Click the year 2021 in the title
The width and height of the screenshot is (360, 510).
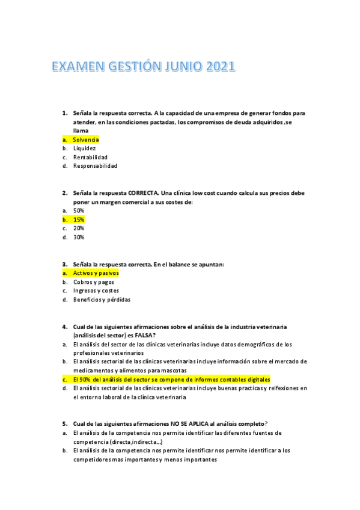219,67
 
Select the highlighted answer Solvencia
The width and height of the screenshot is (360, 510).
86,140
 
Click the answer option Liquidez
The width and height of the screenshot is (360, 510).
84,148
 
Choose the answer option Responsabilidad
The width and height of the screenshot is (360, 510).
95,166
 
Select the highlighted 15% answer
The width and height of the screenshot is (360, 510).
79,220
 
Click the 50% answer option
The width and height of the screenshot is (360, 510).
79,211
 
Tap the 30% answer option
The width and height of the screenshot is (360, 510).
79,237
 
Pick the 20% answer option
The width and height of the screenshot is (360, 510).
79,229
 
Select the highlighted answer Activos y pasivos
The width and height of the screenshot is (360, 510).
96,273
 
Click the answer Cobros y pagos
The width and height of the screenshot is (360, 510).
93,282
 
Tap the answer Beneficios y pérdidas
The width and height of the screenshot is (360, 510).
102,300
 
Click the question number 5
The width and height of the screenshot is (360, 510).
64,423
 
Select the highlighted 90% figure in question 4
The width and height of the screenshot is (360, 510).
86,379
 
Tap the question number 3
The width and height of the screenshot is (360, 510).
64,264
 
